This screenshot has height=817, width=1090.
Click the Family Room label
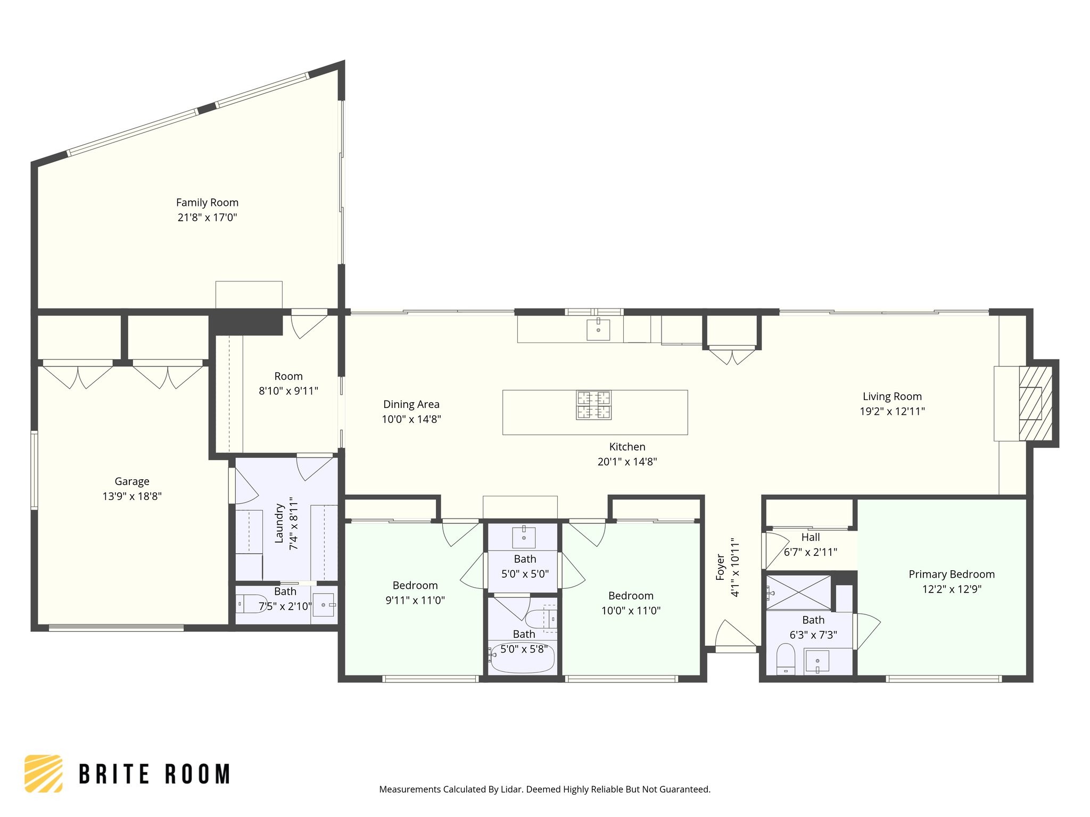pos(207,203)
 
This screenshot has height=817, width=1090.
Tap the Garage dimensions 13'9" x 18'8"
pos(132,496)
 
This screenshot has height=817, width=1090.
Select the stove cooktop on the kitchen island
pos(593,405)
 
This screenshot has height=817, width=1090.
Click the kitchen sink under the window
pos(598,329)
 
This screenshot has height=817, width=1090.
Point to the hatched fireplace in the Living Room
pos(1035,403)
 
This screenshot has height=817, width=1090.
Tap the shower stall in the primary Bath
pos(798,592)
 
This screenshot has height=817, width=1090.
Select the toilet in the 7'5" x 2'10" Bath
pos(251,604)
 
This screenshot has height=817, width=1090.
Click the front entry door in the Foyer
pos(734,636)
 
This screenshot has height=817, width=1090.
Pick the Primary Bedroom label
pos(951,574)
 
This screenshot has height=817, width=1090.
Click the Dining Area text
pos(411,404)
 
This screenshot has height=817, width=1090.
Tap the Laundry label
pos(279,523)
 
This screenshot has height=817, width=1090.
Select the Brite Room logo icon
pos(44,773)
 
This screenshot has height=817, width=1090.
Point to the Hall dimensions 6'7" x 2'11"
pos(810,552)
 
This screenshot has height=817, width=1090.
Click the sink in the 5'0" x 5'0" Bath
pos(524,537)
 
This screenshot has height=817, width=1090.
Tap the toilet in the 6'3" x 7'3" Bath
pos(786,659)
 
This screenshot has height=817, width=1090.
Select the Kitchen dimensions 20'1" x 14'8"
pos(627,462)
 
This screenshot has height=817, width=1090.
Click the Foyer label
pos(720,567)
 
